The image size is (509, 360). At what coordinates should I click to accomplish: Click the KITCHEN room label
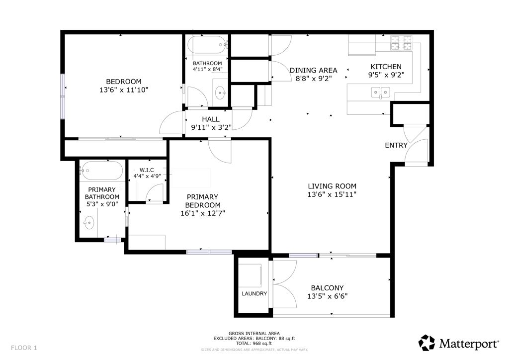click(x=386, y=67)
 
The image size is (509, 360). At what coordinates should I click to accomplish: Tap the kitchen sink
click(x=380, y=92)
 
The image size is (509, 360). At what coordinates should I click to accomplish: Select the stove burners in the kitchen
click(x=401, y=43)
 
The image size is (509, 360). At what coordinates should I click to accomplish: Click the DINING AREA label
click(x=313, y=70)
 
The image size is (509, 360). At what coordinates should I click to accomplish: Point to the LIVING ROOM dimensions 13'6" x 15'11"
click(x=332, y=194)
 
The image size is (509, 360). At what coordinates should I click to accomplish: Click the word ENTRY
click(x=396, y=145)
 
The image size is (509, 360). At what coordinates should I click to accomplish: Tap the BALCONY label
click(x=327, y=288)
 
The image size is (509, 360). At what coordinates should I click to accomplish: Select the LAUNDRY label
click(x=254, y=293)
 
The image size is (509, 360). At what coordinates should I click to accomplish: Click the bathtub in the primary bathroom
click(x=101, y=171)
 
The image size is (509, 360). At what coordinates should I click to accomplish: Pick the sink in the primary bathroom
click(x=88, y=223)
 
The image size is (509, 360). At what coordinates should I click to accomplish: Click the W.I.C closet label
click(x=147, y=170)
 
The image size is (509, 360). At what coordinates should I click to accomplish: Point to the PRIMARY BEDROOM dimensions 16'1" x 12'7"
click(x=203, y=213)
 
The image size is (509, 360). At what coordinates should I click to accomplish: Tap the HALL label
click(x=211, y=119)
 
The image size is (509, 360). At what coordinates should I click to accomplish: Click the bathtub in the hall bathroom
click(x=207, y=45)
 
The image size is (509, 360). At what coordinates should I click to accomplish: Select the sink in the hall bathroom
click(x=221, y=92)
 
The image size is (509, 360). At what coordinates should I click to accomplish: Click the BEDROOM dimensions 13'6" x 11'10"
click(x=124, y=90)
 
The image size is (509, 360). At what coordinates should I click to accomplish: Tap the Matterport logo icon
click(x=426, y=343)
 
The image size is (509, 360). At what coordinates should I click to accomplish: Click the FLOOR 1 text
click(x=24, y=348)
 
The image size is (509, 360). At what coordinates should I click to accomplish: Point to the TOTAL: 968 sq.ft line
click(x=254, y=343)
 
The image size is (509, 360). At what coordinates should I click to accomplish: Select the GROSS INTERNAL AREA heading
click(x=254, y=333)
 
